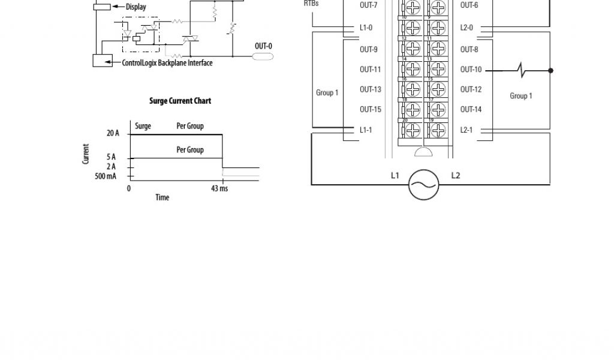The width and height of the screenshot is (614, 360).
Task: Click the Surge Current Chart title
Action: click(180, 101)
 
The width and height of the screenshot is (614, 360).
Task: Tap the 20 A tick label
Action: click(113, 133)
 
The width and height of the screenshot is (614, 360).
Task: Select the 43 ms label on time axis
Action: click(219, 188)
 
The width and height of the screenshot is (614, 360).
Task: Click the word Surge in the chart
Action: click(143, 126)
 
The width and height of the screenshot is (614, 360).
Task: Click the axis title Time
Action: click(162, 197)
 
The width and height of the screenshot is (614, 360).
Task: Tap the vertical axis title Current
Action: click(86, 154)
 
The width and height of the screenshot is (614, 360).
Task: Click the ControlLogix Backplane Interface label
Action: click(167, 63)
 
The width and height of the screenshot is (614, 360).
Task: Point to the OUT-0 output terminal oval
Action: click(263, 56)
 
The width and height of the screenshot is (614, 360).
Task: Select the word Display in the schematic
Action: click(136, 7)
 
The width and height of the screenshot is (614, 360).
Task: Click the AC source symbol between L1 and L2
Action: click(423, 184)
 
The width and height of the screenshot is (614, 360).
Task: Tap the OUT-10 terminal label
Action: click(471, 70)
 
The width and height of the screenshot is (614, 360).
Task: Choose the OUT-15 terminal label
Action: click(370, 109)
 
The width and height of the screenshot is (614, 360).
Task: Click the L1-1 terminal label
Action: click(366, 130)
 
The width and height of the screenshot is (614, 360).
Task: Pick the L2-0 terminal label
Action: click(466, 28)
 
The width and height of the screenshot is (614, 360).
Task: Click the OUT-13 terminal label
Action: click(370, 89)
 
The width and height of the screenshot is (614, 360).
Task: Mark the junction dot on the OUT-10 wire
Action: click(550, 70)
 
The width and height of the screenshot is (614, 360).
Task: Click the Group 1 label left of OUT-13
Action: click(327, 92)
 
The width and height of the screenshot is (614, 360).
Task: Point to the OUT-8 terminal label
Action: click(469, 50)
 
